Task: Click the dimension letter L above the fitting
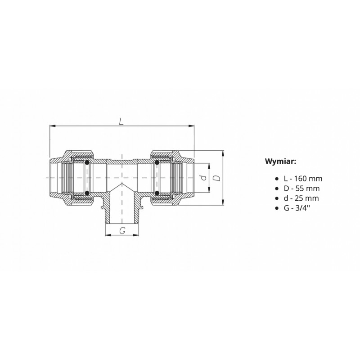pos(121,121)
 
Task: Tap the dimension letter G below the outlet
pos(122,230)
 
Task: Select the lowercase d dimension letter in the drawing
pos(203,177)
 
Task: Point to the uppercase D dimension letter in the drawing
pos(217,178)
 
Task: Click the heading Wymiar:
pos(280,162)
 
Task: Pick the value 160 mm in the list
pos(308,179)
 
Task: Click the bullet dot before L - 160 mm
pos(277,179)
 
